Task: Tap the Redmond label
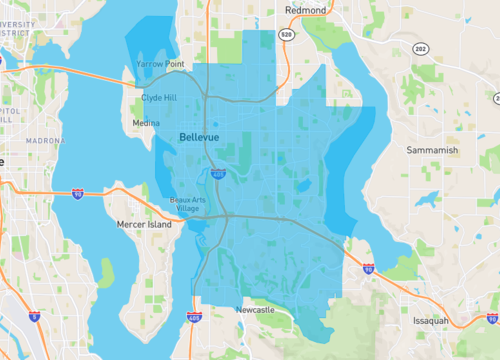(306, 9)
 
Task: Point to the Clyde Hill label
(160, 99)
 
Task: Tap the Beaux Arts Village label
(187, 204)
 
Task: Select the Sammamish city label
(432, 149)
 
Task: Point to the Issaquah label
(436, 321)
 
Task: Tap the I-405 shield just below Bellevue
(218, 173)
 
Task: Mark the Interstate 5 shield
(34, 316)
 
